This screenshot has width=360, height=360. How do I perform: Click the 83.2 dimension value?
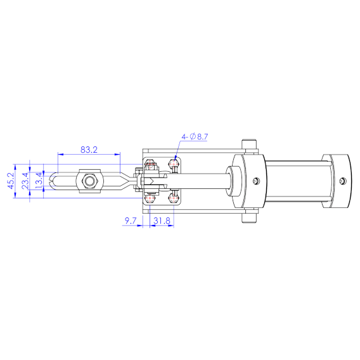[x=89, y=150]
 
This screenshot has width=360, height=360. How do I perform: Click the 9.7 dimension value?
[x=131, y=221]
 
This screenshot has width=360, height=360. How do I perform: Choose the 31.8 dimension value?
[x=162, y=221]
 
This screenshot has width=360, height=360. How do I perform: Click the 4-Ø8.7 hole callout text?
[x=196, y=136]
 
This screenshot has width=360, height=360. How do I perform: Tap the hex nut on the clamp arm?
[x=88, y=182]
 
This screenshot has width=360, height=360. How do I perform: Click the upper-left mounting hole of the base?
[x=150, y=165]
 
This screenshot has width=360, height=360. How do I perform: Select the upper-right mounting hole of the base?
[x=175, y=165]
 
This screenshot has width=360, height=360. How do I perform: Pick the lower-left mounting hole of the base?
[x=150, y=198]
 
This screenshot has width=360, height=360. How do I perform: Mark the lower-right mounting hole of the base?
[x=175, y=198]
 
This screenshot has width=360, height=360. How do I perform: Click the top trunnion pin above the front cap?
[x=248, y=145]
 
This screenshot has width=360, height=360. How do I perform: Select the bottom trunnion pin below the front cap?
[x=248, y=217]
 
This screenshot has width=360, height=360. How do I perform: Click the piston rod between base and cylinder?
[x=203, y=181]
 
